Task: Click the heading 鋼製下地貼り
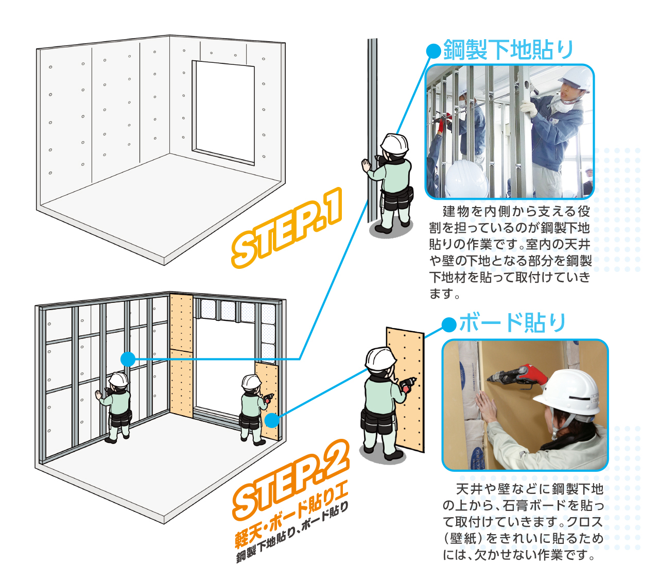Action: tap(508, 49)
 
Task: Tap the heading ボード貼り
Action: tap(512, 322)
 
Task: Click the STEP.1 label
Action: tap(286, 228)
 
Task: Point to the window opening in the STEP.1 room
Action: tap(224, 112)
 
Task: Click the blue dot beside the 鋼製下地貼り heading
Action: tap(433, 51)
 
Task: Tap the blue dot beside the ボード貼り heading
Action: tap(449, 325)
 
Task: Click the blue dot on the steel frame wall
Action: tap(128, 359)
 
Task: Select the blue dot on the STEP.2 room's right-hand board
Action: tap(272, 420)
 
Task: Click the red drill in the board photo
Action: tap(514, 377)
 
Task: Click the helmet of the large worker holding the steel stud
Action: tap(394, 144)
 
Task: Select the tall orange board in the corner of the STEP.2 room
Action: tap(181, 355)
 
